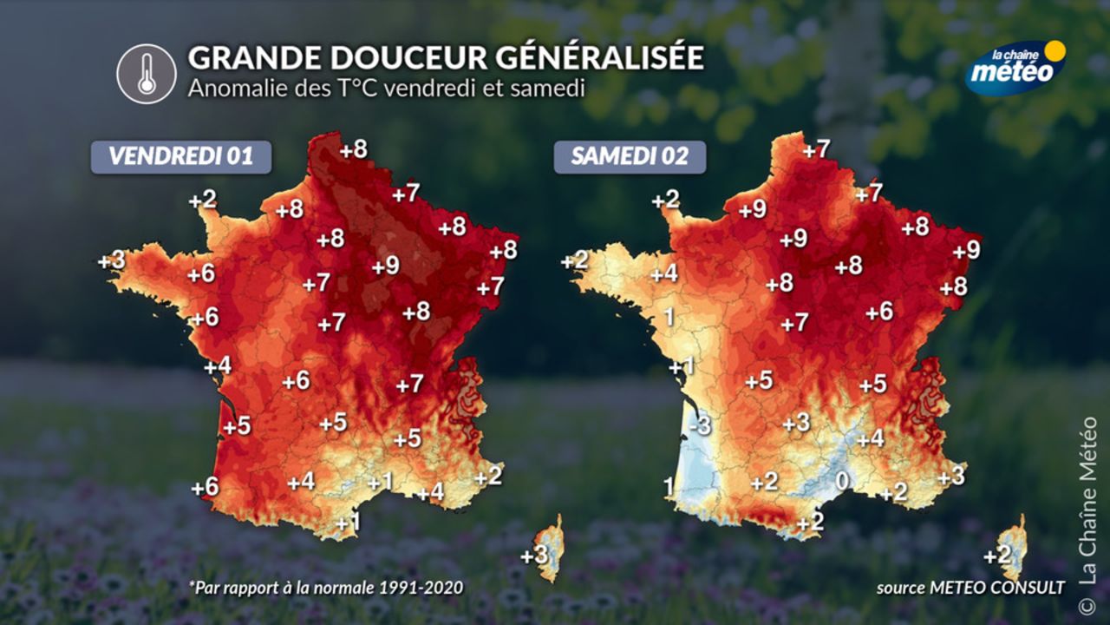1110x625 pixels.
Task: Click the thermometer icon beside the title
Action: pyautogui.click(x=147, y=74)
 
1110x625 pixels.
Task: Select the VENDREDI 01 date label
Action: pyautogui.click(x=181, y=156)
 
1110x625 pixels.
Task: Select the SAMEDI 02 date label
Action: pyautogui.click(x=630, y=156)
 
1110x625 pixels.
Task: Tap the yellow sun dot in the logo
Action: pyautogui.click(x=1054, y=50)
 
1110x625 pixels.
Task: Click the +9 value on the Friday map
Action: pyautogui.click(x=385, y=266)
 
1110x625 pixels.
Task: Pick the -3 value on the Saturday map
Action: pyautogui.click(x=701, y=426)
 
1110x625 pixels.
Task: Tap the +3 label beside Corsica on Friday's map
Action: pyautogui.click(x=533, y=555)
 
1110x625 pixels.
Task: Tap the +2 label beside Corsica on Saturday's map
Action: pyautogui.click(x=997, y=556)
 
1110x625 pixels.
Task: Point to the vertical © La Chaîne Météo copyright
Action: pyautogui.click(x=1087, y=512)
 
